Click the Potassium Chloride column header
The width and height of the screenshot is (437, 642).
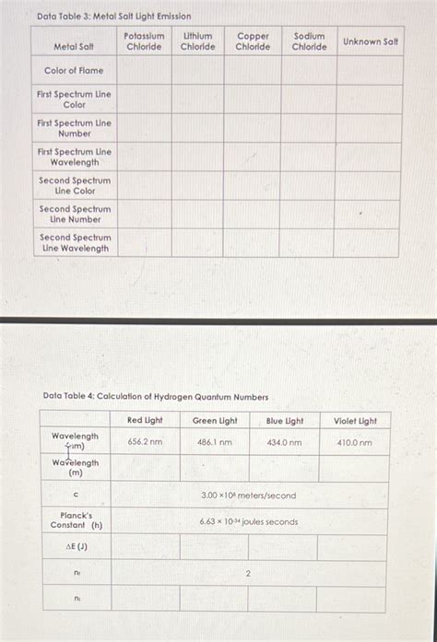[x=144, y=41]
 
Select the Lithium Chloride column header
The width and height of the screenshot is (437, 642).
[x=197, y=41]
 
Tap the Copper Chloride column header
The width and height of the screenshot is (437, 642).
[x=253, y=41]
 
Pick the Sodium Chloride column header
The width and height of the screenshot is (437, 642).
[x=309, y=41]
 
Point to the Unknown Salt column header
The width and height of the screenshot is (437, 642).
[x=371, y=41]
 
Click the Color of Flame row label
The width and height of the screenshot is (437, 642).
[x=74, y=70]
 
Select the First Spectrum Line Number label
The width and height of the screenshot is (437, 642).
[x=74, y=128]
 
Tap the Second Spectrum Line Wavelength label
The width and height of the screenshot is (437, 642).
[x=74, y=243]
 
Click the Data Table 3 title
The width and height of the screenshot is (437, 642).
[x=113, y=17]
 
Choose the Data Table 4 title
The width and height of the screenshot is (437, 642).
[x=156, y=397]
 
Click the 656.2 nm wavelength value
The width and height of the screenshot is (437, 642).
[x=145, y=442]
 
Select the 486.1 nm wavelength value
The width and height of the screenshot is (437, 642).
[x=214, y=442]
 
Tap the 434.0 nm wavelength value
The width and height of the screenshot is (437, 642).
[x=284, y=442]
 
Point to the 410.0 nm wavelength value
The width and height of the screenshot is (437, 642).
[x=354, y=442]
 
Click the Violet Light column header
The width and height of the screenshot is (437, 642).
[x=354, y=421]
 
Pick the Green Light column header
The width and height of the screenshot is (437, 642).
[x=214, y=421]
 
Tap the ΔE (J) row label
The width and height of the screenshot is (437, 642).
[x=75, y=547]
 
